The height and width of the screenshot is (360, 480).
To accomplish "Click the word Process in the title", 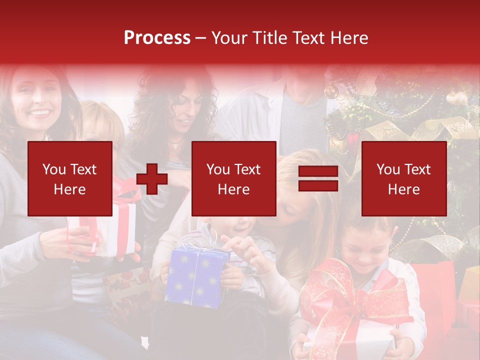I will [157, 38].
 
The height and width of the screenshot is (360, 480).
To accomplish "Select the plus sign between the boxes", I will [152, 179].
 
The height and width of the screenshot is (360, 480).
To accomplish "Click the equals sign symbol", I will [318, 179].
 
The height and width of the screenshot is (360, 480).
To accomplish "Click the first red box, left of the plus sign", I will [70, 178].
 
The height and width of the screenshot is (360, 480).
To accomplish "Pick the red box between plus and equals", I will [233, 178].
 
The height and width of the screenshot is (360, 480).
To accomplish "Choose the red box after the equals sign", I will [403, 178].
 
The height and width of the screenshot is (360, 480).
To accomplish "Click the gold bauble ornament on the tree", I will [330, 91].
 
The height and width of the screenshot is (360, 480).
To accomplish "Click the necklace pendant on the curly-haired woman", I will [174, 145].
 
